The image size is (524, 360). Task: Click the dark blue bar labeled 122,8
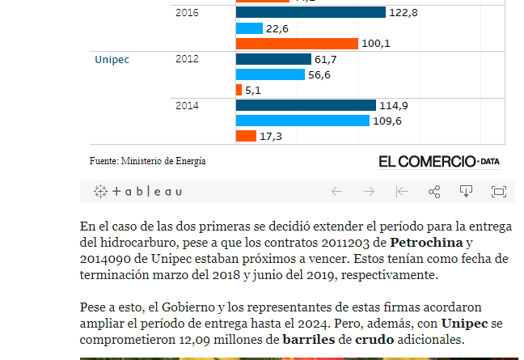[311, 12]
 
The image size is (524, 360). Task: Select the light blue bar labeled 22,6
[249, 28]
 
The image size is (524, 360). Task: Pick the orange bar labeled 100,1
[297, 44]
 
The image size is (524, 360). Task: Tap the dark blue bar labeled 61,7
[273, 59]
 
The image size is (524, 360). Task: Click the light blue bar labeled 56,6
[270, 74]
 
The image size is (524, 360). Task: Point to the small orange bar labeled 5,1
[239, 90]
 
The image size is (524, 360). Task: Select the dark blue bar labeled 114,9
[306, 105]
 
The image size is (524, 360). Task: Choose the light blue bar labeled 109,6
[303, 121]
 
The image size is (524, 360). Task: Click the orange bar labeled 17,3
[246, 136]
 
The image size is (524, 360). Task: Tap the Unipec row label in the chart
[112, 59]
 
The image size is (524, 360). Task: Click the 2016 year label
[187, 13]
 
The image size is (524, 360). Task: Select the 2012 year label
[187, 59]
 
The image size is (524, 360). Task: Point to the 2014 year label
[187, 105]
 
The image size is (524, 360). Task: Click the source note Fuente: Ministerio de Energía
[148, 161]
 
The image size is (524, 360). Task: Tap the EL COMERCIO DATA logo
[438, 161]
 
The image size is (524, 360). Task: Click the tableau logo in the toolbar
[137, 192]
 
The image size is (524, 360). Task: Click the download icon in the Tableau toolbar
[466, 192]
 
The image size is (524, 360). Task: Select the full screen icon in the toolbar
[498, 192]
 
